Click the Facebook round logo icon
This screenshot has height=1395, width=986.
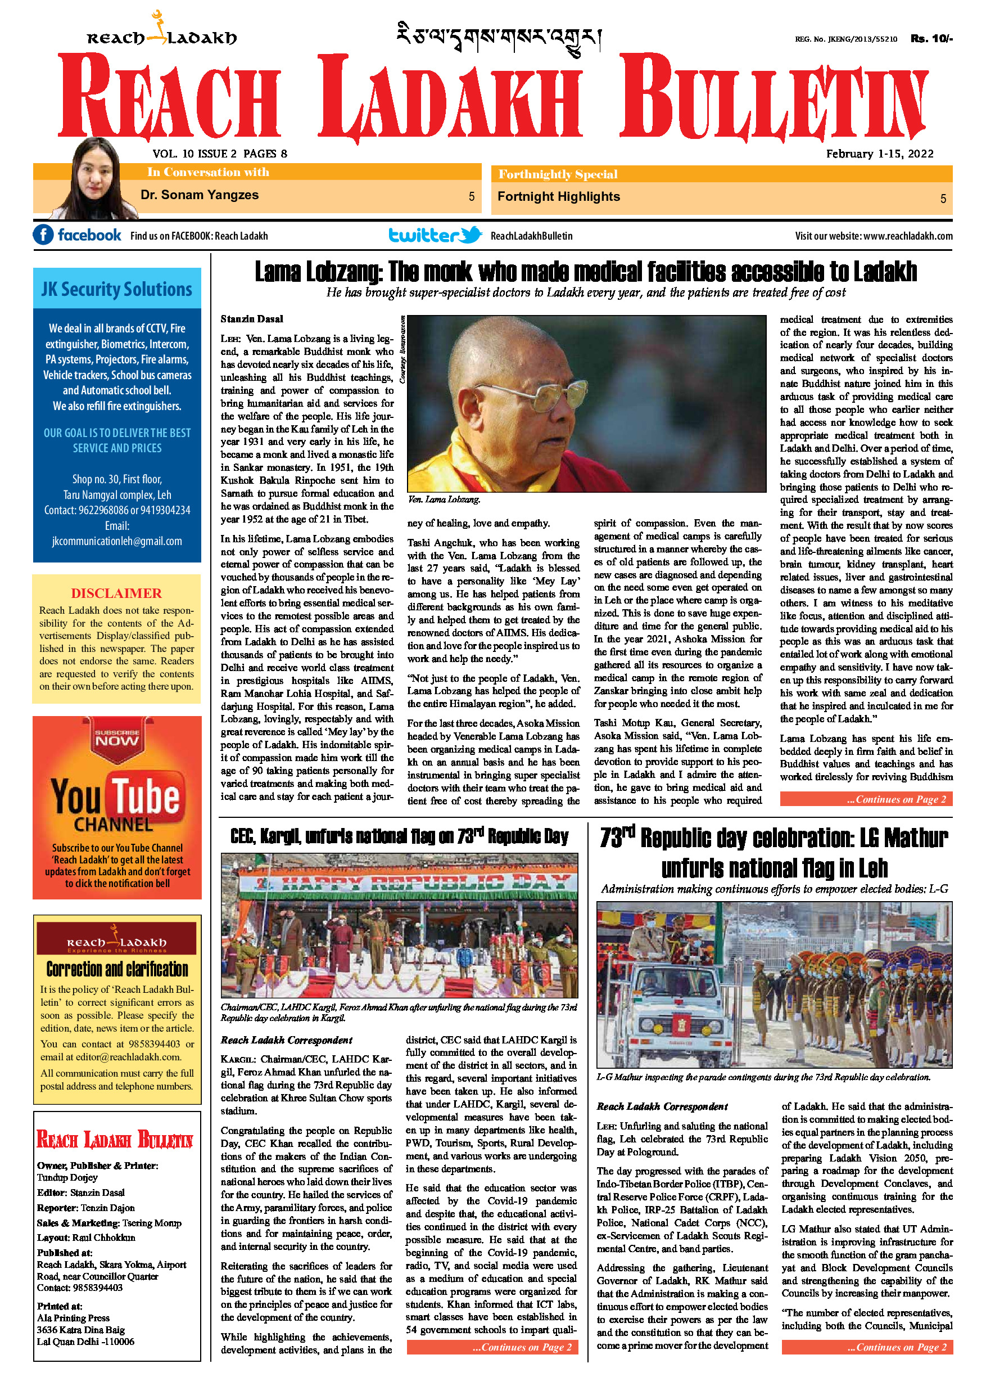click(43, 235)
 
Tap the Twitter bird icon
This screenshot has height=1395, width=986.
click(471, 235)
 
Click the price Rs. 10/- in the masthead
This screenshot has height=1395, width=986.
click(931, 38)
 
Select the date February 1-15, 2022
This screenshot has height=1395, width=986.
click(880, 154)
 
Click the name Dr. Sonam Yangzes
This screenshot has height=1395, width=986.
click(199, 195)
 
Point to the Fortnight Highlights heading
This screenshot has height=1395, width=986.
click(559, 197)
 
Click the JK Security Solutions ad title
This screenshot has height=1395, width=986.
click(116, 289)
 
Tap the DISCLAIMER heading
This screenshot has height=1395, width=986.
click(116, 593)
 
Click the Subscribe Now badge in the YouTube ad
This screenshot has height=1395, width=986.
click(117, 738)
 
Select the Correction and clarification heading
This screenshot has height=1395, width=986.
click(117, 969)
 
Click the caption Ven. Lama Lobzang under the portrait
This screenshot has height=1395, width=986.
click(444, 499)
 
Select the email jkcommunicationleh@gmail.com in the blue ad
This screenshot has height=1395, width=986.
click(116, 541)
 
